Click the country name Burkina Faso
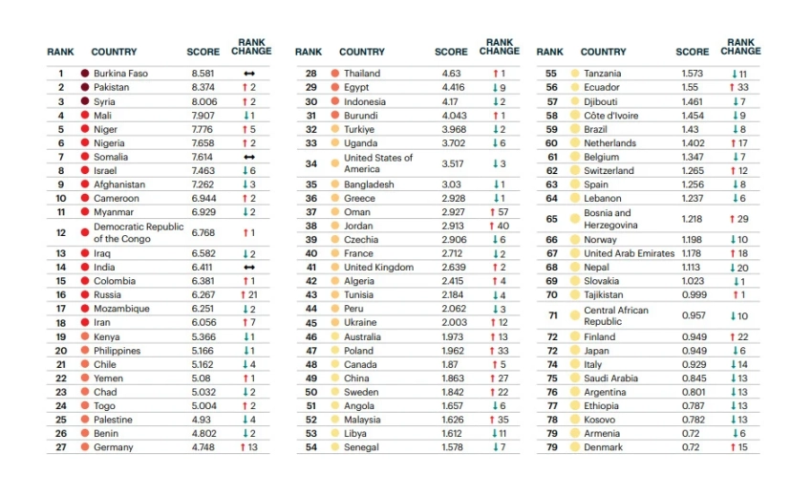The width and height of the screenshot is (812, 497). [120, 74]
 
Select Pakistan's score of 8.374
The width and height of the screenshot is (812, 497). [204, 87]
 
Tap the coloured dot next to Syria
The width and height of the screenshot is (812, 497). [85, 101]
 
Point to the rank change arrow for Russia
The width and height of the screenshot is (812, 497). [246, 295]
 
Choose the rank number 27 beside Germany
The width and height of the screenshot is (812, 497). [60, 447]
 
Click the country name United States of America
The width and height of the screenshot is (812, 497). [378, 163]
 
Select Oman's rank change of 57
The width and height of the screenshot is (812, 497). [500, 212]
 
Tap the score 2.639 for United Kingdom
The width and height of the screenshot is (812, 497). [455, 268]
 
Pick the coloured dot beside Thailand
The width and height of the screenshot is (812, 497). [334, 74]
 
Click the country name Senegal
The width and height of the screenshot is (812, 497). [362, 447]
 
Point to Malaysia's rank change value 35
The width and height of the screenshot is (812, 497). [500, 420]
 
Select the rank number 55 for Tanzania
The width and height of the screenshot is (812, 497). [550, 74]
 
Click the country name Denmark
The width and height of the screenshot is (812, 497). [603, 447]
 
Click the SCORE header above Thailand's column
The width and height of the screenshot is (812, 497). [451, 52]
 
